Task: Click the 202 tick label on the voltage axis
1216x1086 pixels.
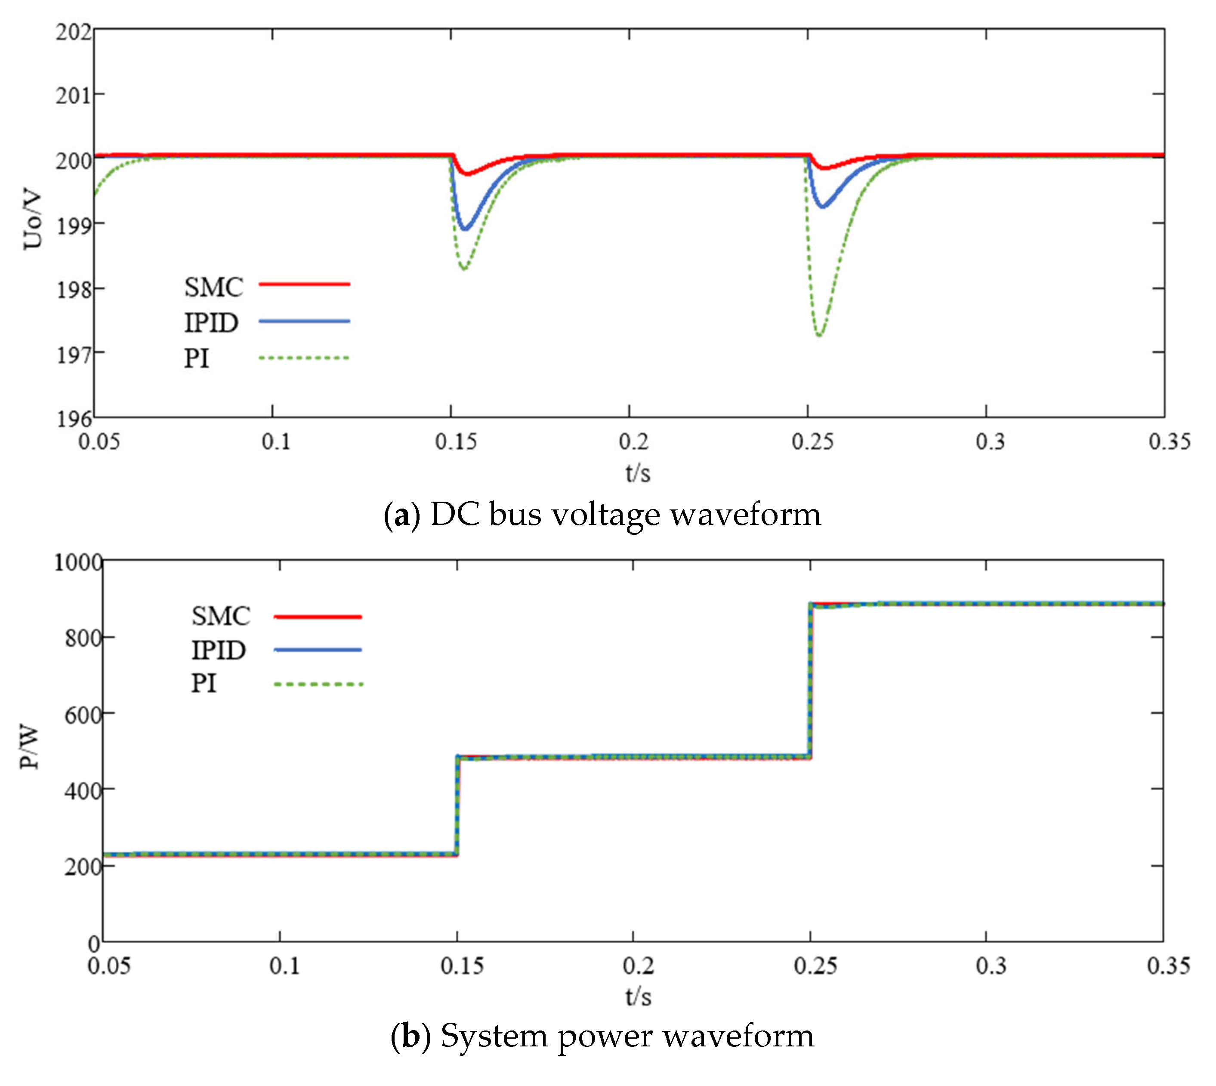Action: coord(74,32)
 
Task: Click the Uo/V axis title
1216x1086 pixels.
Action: coord(32,219)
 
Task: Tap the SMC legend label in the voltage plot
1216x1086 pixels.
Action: coord(213,287)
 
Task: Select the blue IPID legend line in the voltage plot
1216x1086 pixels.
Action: coord(304,321)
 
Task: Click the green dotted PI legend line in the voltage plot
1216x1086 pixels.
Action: coord(304,358)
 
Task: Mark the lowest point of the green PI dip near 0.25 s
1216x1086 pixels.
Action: coord(820,335)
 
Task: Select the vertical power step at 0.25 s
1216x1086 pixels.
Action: coord(810,680)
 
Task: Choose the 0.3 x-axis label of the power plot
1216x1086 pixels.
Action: coord(991,966)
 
